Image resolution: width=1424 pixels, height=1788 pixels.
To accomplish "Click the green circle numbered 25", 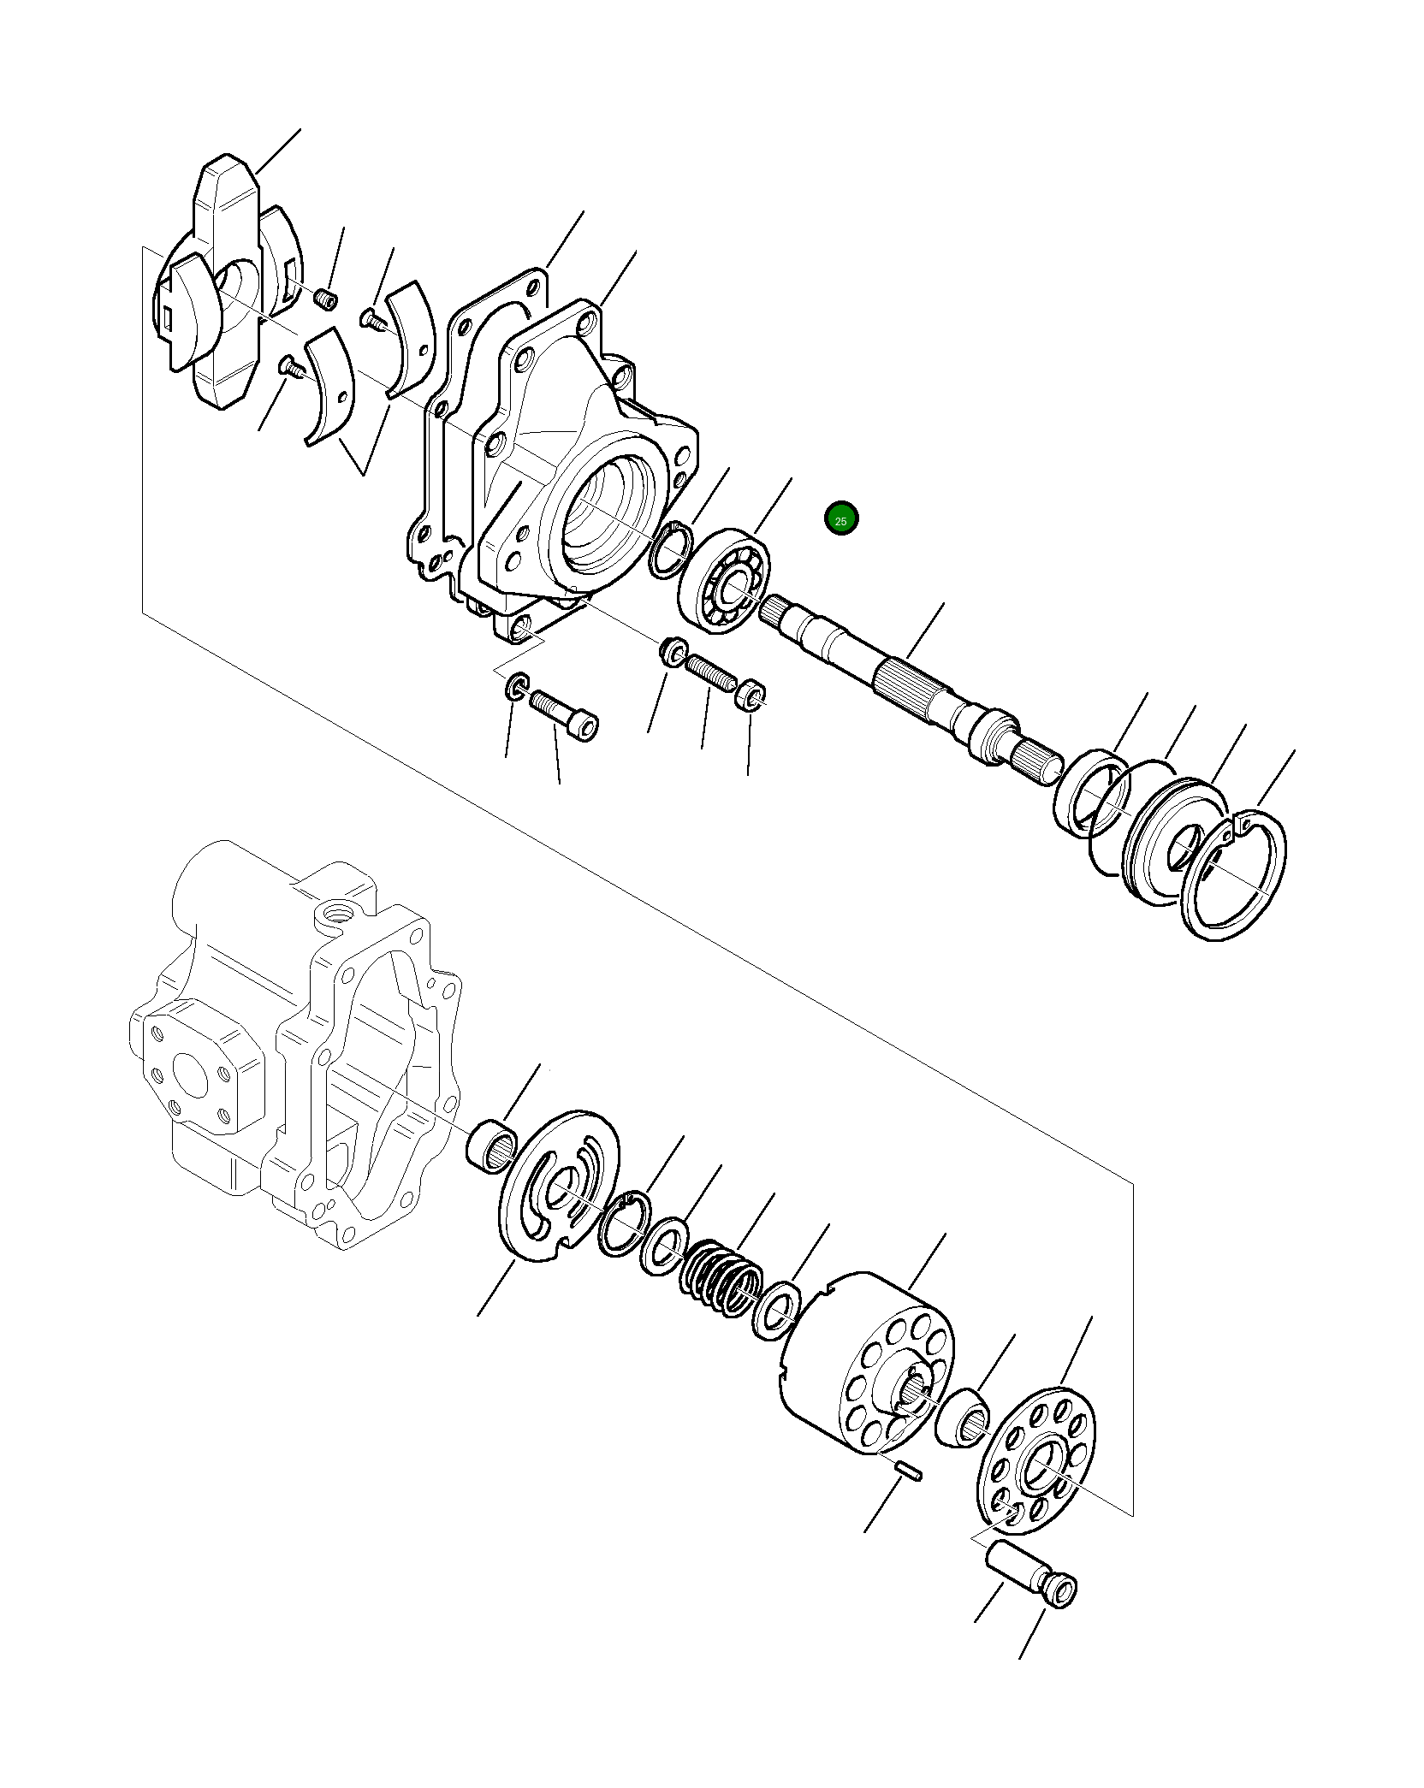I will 841,519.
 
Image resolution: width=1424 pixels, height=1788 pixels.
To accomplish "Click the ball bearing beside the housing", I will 724,582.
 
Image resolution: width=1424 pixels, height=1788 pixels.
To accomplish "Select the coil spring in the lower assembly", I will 721,1292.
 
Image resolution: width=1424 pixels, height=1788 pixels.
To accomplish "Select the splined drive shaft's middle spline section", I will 912,680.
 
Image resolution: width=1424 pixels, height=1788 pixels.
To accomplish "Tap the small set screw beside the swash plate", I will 326,299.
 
